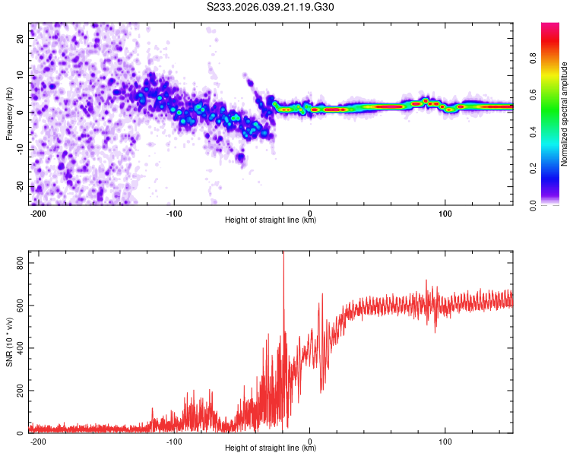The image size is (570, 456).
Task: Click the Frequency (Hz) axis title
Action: point(9,114)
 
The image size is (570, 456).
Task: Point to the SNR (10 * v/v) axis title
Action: point(9,342)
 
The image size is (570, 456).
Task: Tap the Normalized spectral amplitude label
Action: point(565,114)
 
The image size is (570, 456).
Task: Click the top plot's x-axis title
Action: point(271,220)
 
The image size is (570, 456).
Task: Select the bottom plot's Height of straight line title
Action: point(271,448)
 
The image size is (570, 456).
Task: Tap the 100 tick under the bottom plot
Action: point(445,441)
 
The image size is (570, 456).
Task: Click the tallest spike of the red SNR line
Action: point(283,254)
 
